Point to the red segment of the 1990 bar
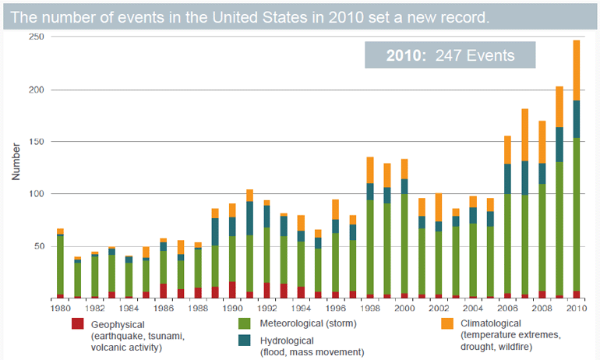point(231,290)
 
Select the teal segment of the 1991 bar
point(249,218)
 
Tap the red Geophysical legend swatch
point(77,323)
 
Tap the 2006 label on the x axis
point(506,309)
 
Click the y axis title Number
point(15,161)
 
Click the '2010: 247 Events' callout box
point(450,55)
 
